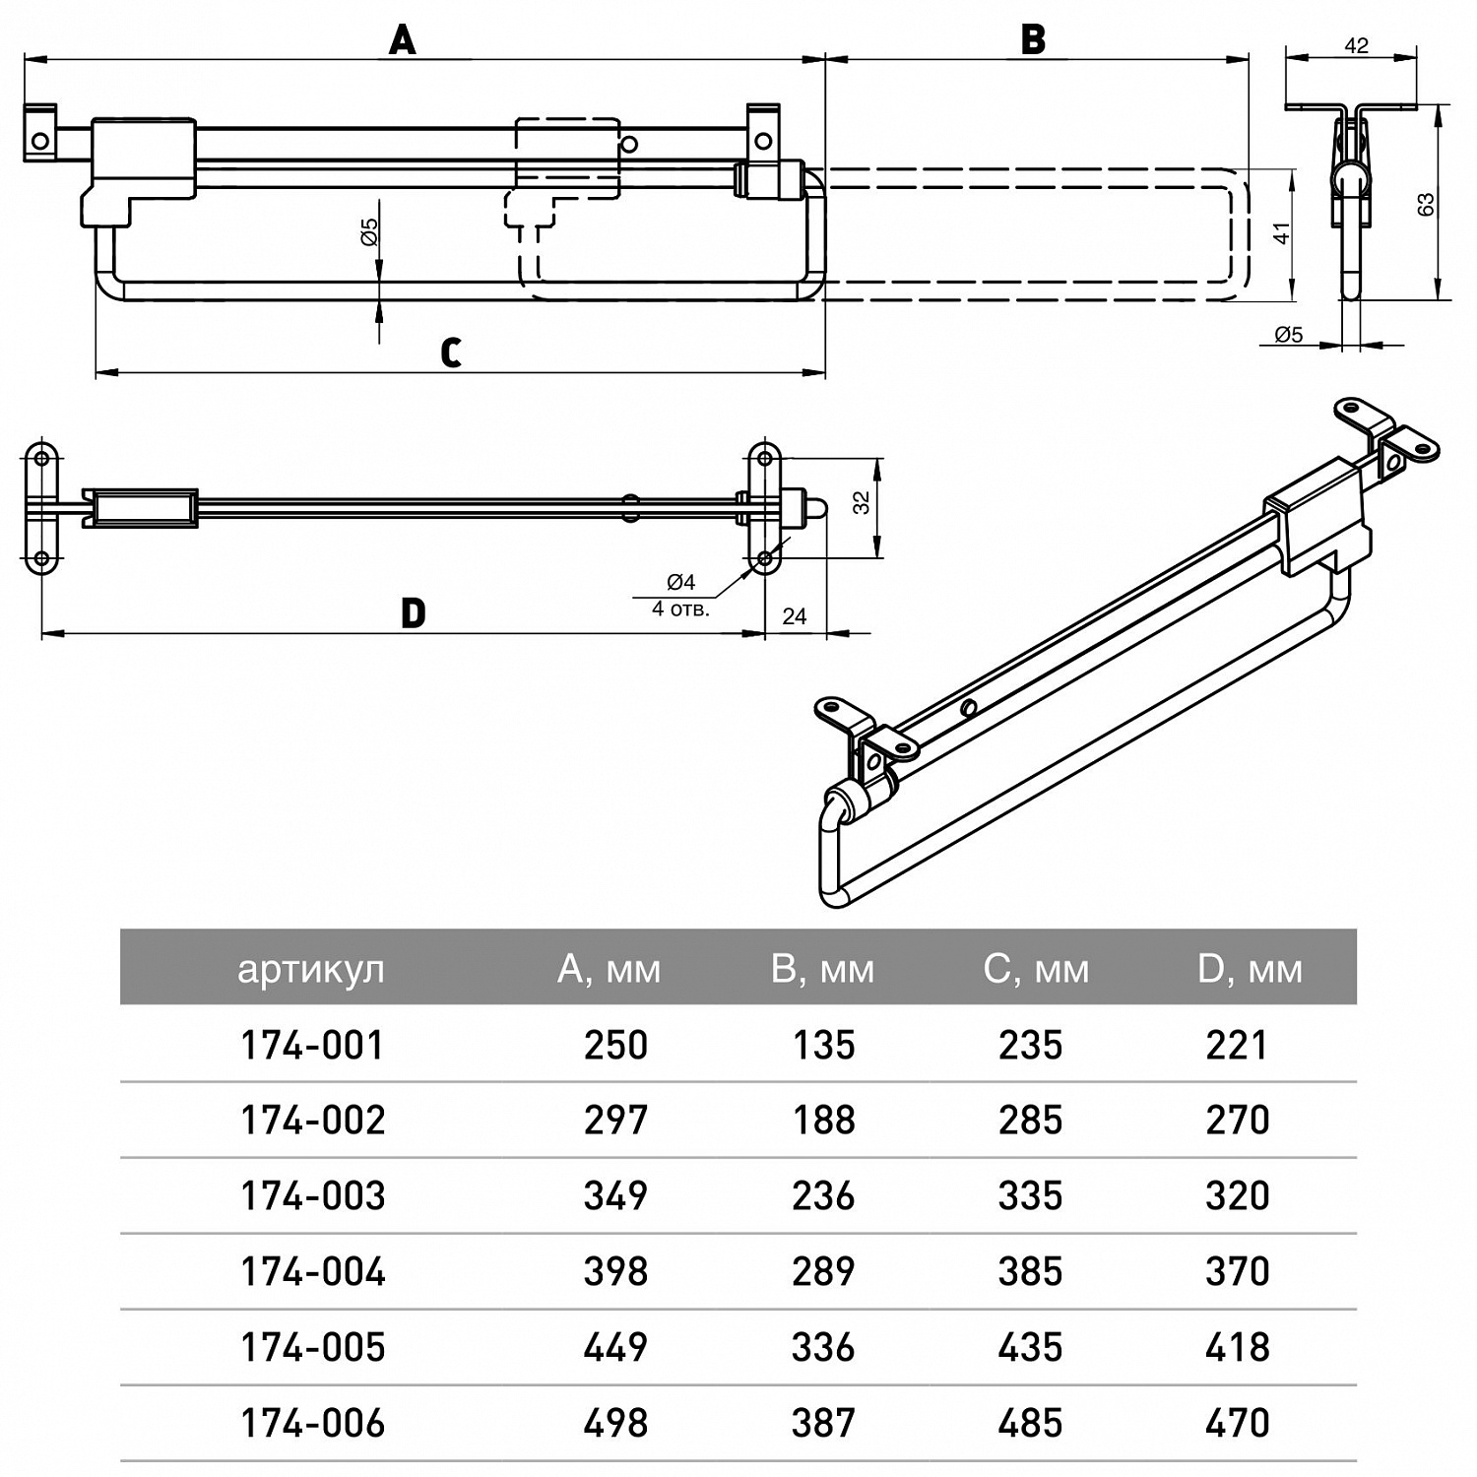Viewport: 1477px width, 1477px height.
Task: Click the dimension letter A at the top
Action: (402, 40)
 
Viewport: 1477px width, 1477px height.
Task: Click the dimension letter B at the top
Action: (1033, 40)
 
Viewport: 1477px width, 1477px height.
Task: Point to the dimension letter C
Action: (451, 353)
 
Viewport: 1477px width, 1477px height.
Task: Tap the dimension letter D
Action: (414, 613)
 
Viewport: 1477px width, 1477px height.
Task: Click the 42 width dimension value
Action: (1356, 45)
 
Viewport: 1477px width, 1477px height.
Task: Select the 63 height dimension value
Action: (1425, 205)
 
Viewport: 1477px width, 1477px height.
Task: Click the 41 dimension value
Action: (1281, 234)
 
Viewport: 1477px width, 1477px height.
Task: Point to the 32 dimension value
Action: (863, 502)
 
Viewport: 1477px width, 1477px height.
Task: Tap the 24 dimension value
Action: (794, 616)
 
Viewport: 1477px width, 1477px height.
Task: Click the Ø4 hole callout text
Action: (681, 582)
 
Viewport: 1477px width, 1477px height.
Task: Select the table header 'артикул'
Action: (310, 970)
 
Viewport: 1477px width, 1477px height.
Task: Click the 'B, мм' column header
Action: (822, 970)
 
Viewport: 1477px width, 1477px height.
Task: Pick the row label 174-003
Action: (313, 1196)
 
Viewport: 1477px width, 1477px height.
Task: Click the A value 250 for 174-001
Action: (615, 1045)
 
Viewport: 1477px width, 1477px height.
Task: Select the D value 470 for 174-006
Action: (1238, 1423)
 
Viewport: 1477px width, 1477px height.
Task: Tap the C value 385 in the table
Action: (1030, 1272)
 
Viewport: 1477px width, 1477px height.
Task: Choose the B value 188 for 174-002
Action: (823, 1121)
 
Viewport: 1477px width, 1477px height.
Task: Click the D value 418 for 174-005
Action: (1238, 1347)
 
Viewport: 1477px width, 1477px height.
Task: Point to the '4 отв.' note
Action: (680, 609)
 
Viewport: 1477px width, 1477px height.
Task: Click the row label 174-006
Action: (313, 1423)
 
